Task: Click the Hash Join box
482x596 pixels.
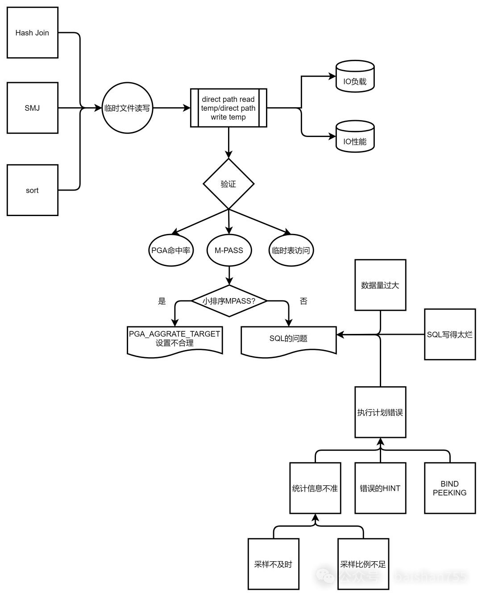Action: click(x=33, y=33)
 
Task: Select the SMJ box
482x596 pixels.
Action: click(x=33, y=108)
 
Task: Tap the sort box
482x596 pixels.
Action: click(x=33, y=190)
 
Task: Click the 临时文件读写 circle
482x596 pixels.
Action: click(x=127, y=108)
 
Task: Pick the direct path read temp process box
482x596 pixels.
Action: click(x=229, y=108)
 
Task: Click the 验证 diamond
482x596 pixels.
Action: click(x=229, y=183)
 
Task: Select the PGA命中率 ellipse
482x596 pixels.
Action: click(x=171, y=250)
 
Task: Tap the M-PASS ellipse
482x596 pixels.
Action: click(x=229, y=250)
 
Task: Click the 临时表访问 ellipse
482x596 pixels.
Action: click(x=291, y=250)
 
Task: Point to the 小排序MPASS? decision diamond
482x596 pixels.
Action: click(x=229, y=301)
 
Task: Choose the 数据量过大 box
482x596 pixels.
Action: click(x=380, y=285)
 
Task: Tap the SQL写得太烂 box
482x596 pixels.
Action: click(x=450, y=334)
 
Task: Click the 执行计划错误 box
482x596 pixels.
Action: click(x=380, y=412)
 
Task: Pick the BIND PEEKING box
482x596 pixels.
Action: click(x=450, y=488)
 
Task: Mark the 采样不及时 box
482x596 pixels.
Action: click(x=273, y=564)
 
